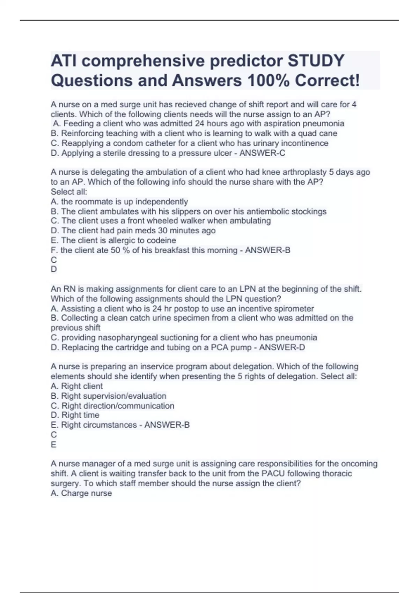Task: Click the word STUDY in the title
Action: (x=316, y=61)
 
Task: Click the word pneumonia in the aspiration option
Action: (x=323, y=123)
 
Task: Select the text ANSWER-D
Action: (x=282, y=347)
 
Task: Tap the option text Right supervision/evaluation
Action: (x=113, y=396)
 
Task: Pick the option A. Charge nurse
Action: (x=81, y=493)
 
